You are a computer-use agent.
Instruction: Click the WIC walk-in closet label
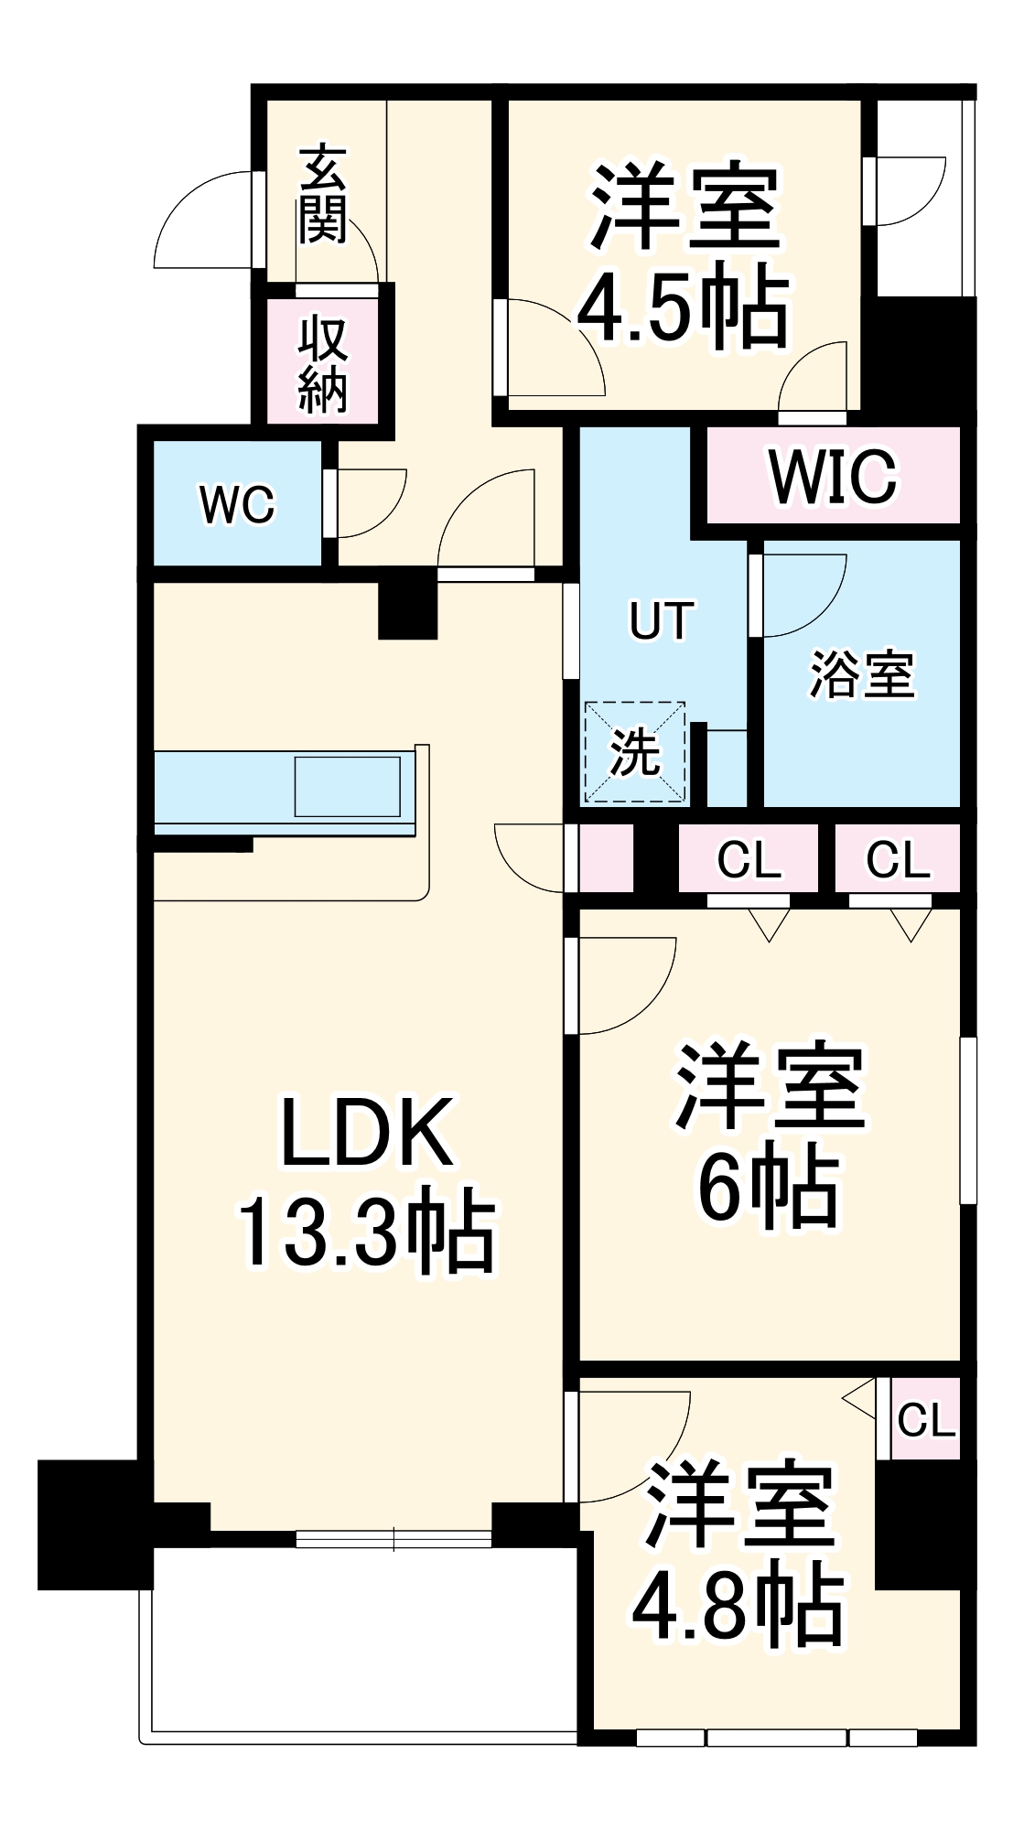pyautogui.click(x=833, y=476)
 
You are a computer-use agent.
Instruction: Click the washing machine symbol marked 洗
pyautogui.click(x=635, y=753)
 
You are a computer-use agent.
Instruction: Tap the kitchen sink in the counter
pyautogui.click(x=348, y=785)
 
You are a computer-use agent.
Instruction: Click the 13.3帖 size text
pyautogui.click(x=366, y=1232)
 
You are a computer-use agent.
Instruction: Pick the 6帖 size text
pyautogui.click(x=769, y=1189)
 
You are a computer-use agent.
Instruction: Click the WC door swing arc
pyautogui.click(x=366, y=503)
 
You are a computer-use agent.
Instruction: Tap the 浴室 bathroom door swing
pyautogui.click(x=798, y=590)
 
